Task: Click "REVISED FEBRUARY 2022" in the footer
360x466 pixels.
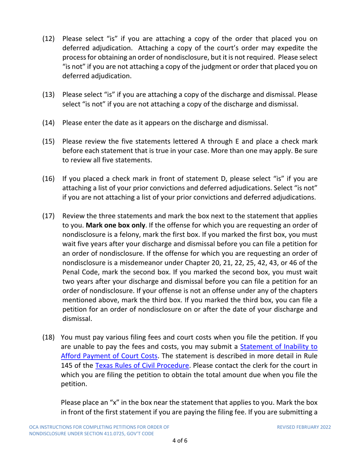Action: coord(304,427)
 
